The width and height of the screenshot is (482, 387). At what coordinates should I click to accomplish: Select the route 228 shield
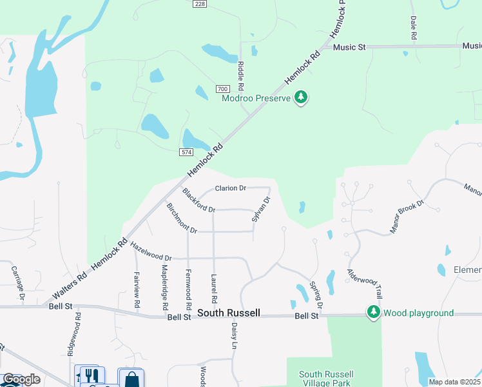[x=200, y=4]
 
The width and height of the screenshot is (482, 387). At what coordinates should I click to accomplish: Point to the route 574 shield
[x=186, y=151]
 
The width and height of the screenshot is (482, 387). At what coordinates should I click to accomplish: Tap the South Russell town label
[x=229, y=313]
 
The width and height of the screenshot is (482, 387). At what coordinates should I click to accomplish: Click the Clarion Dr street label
[x=230, y=188]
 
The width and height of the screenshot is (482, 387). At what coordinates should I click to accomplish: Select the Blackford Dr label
[x=198, y=201]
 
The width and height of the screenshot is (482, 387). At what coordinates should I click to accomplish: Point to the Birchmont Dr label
[x=180, y=219]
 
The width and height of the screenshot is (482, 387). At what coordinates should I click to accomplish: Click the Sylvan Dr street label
[x=260, y=210]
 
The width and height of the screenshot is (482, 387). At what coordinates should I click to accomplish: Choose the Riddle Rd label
[x=240, y=75]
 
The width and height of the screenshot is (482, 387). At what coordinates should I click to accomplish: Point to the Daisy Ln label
[x=235, y=336]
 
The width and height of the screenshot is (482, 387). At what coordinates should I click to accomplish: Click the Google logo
[x=20, y=380]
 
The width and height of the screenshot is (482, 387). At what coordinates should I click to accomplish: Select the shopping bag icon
[x=132, y=378]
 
